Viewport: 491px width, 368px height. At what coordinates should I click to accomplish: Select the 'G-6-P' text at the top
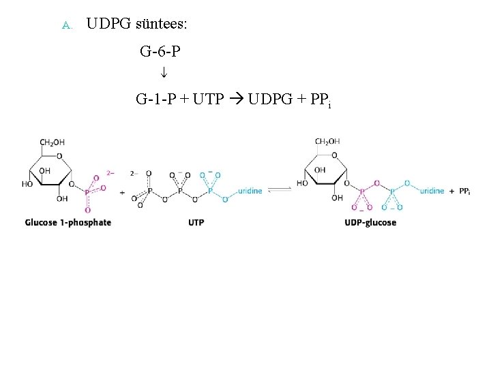(x=160, y=51)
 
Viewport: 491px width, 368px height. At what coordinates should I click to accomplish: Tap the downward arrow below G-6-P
(x=164, y=72)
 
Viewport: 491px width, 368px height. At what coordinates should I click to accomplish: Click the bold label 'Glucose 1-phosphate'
(x=68, y=223)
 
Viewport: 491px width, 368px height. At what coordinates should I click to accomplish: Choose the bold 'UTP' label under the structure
(x=196, y=223)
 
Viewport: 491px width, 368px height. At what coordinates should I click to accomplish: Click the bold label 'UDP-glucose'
(x=370, y=223)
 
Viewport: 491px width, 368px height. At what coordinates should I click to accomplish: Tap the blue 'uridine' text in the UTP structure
(x=250, y=191)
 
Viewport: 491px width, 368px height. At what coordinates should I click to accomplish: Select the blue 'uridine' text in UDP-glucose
(x=432, y=191)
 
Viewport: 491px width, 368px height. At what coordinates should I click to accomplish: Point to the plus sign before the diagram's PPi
(x=452, y=191)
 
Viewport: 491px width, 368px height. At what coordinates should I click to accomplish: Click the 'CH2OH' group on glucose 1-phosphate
(x=53, y=142)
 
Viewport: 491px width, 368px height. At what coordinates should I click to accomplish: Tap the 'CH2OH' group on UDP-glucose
(x=328, y=142)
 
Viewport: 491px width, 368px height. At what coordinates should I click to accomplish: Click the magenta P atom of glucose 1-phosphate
(x=87, y=193)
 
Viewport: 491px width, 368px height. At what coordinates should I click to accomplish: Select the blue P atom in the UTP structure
(x=210, y=191)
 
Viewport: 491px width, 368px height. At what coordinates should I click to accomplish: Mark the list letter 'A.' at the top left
(x=66, y=27)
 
